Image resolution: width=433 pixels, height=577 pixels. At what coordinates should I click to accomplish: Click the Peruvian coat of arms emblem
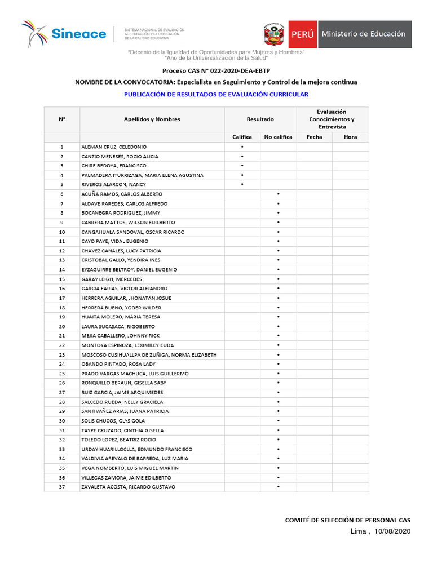pyautogui.click(x=275, y=34)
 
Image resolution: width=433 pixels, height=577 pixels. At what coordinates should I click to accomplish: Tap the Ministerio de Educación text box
pyautogui.click(x=364, y=34)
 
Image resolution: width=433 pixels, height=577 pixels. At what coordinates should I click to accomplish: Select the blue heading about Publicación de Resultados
pyautogui.click(x=216, y=95)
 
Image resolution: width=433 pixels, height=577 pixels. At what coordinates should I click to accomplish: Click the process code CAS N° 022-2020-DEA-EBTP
pyautogui.click(x=216, y=70)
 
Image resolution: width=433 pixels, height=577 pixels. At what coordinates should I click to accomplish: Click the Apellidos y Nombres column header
pyautogui.click(x=152, y=119)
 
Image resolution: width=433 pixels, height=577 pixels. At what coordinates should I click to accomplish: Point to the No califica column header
pyautogui.click(x=278, y=137)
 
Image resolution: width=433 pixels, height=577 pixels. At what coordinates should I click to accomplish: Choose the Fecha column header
pyautogui.click(x=314, y=137)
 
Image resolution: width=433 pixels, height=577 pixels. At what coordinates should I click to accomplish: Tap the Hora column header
pyautogui.click(x=350, y=137)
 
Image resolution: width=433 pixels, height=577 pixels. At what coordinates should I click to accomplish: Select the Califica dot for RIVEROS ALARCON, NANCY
pyautogui.click(x=242, y=184)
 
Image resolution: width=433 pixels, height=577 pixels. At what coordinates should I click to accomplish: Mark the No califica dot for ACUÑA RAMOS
pyautogui.click(x=278, y=194)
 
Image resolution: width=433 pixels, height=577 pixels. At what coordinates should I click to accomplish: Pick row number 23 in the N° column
pyautogui.click(x=62, y=354)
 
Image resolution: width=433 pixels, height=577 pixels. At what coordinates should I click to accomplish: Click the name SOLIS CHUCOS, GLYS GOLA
pyautogui.click(x=113, y=421)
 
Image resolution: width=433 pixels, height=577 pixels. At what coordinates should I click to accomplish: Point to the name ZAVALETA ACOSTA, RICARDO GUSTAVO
pyautogui.click(x=128, y=487)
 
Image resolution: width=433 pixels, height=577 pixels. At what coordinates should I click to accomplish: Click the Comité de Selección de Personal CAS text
pyautogui.click(x=348, y=520)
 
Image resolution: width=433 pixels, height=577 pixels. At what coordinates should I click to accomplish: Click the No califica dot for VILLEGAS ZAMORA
pyautogui.click(x=278, y=477)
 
